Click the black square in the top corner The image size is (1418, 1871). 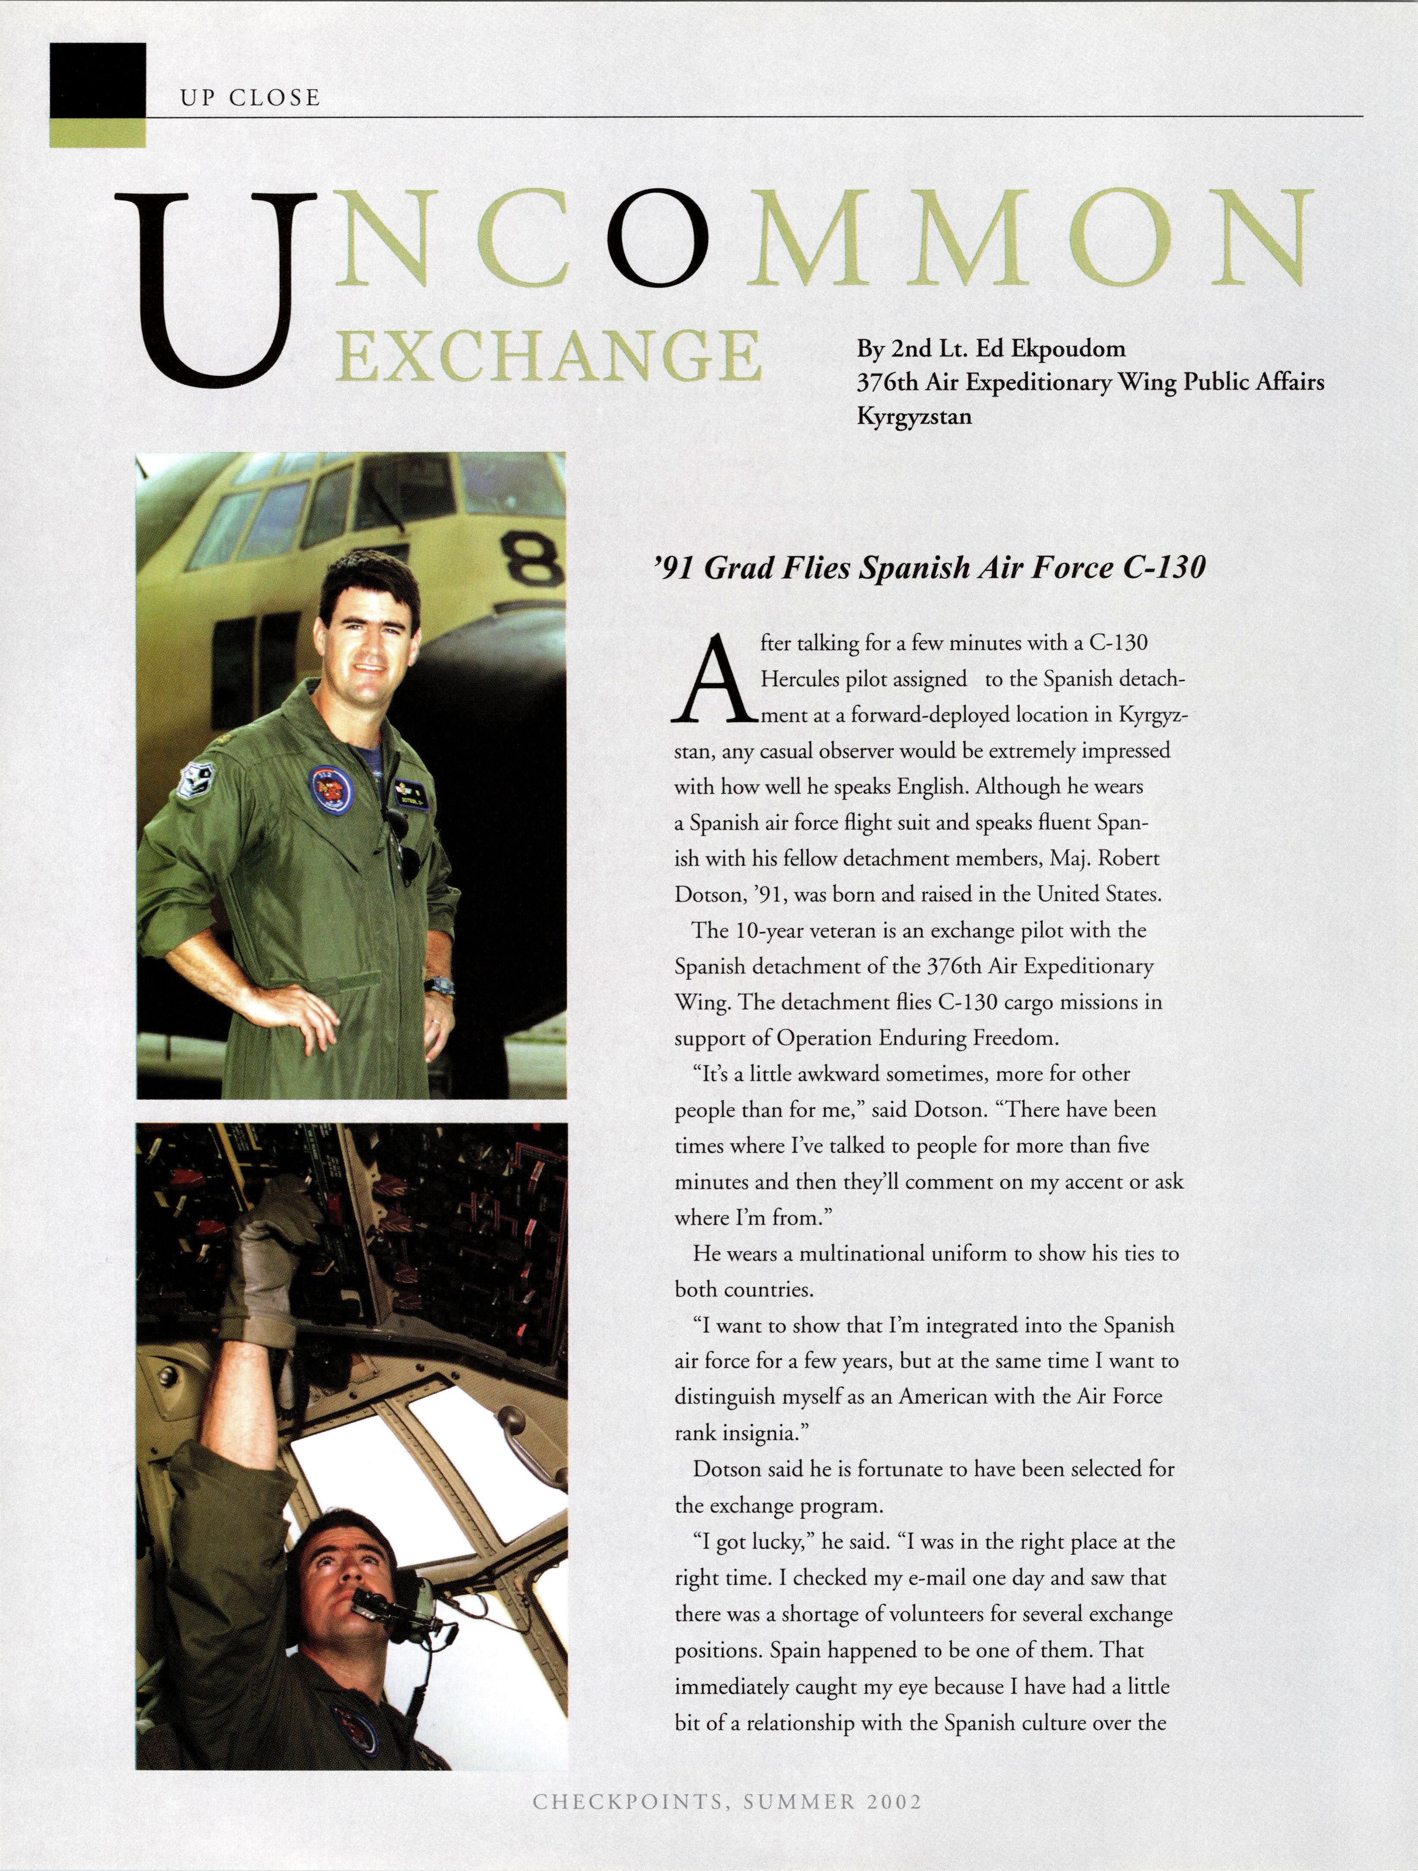click(97, 80)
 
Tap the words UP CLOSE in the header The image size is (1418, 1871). click(249, 98)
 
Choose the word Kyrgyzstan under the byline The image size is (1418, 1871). click(914, 416)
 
